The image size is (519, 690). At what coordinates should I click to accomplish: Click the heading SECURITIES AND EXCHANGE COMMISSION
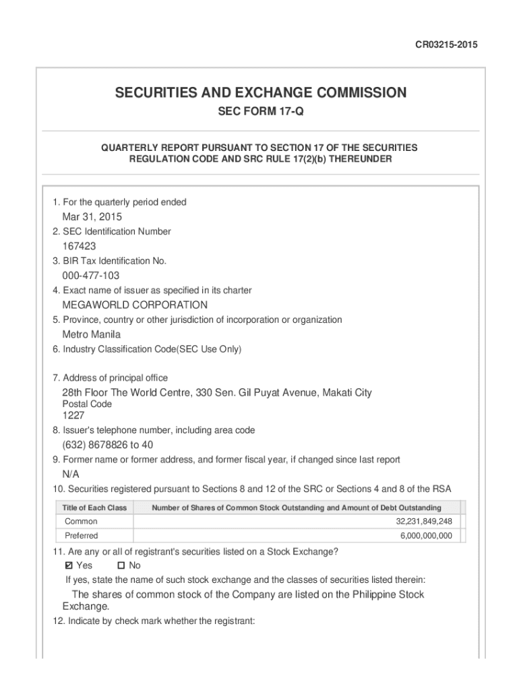[260, 92]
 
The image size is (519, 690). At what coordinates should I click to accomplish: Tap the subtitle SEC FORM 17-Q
[260, 112]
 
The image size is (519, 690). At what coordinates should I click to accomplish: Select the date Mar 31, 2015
[92, 217]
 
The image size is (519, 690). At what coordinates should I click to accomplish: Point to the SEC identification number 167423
[80, 247]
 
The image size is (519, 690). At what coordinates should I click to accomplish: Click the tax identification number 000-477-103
[91, 276]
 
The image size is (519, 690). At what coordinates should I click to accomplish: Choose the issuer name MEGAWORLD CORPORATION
[135, 305]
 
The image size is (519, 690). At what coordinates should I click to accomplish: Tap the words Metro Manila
[92, 334]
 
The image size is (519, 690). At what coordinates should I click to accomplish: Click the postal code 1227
[73, 416]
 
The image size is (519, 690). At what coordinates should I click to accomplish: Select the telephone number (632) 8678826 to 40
[108, 445]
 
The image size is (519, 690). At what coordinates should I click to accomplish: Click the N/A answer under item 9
[71, 474]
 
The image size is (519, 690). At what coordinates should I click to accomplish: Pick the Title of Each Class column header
[94, 507]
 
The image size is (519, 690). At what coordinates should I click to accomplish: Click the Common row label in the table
[81, 522]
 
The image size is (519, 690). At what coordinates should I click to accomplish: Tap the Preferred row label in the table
[82, 536]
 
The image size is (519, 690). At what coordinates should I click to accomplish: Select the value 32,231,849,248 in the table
[423, 522]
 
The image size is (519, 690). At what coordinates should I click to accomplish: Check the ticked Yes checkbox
[68, 565]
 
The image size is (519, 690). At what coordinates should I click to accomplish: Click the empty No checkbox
[121, 565]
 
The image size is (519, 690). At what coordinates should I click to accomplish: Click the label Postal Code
[87, 404]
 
